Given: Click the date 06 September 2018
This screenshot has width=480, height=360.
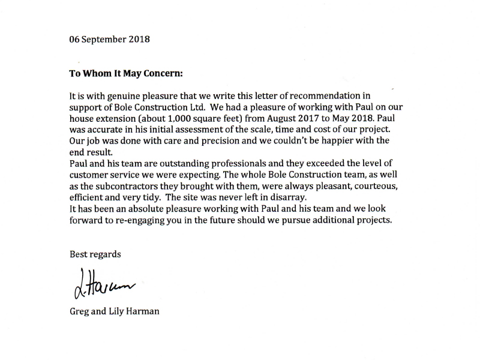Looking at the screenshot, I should click(x=110, y=40).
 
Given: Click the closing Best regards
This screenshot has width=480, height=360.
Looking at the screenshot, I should click(x=95, y=254).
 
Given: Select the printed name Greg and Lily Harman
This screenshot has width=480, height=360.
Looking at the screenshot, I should click(x=114, y=313).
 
